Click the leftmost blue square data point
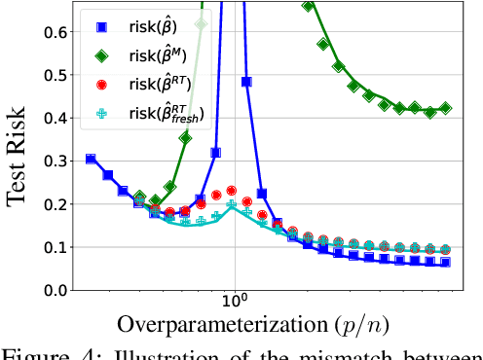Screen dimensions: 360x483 click(91, 159)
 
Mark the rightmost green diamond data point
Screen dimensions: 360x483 click(445, 108)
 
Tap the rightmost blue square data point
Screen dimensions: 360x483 click(445, 262)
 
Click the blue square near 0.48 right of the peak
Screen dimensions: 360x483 click(247, 83)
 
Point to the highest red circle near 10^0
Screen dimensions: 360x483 click(232, 191)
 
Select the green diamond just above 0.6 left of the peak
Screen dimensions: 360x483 click(201, 23)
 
